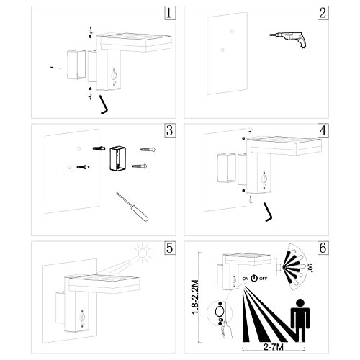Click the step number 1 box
pyautogui.click(x=170, y=13)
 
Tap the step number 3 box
pyautogui.click(x=170, y=131)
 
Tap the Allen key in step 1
pyautogui.click(x=104, y=104)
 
